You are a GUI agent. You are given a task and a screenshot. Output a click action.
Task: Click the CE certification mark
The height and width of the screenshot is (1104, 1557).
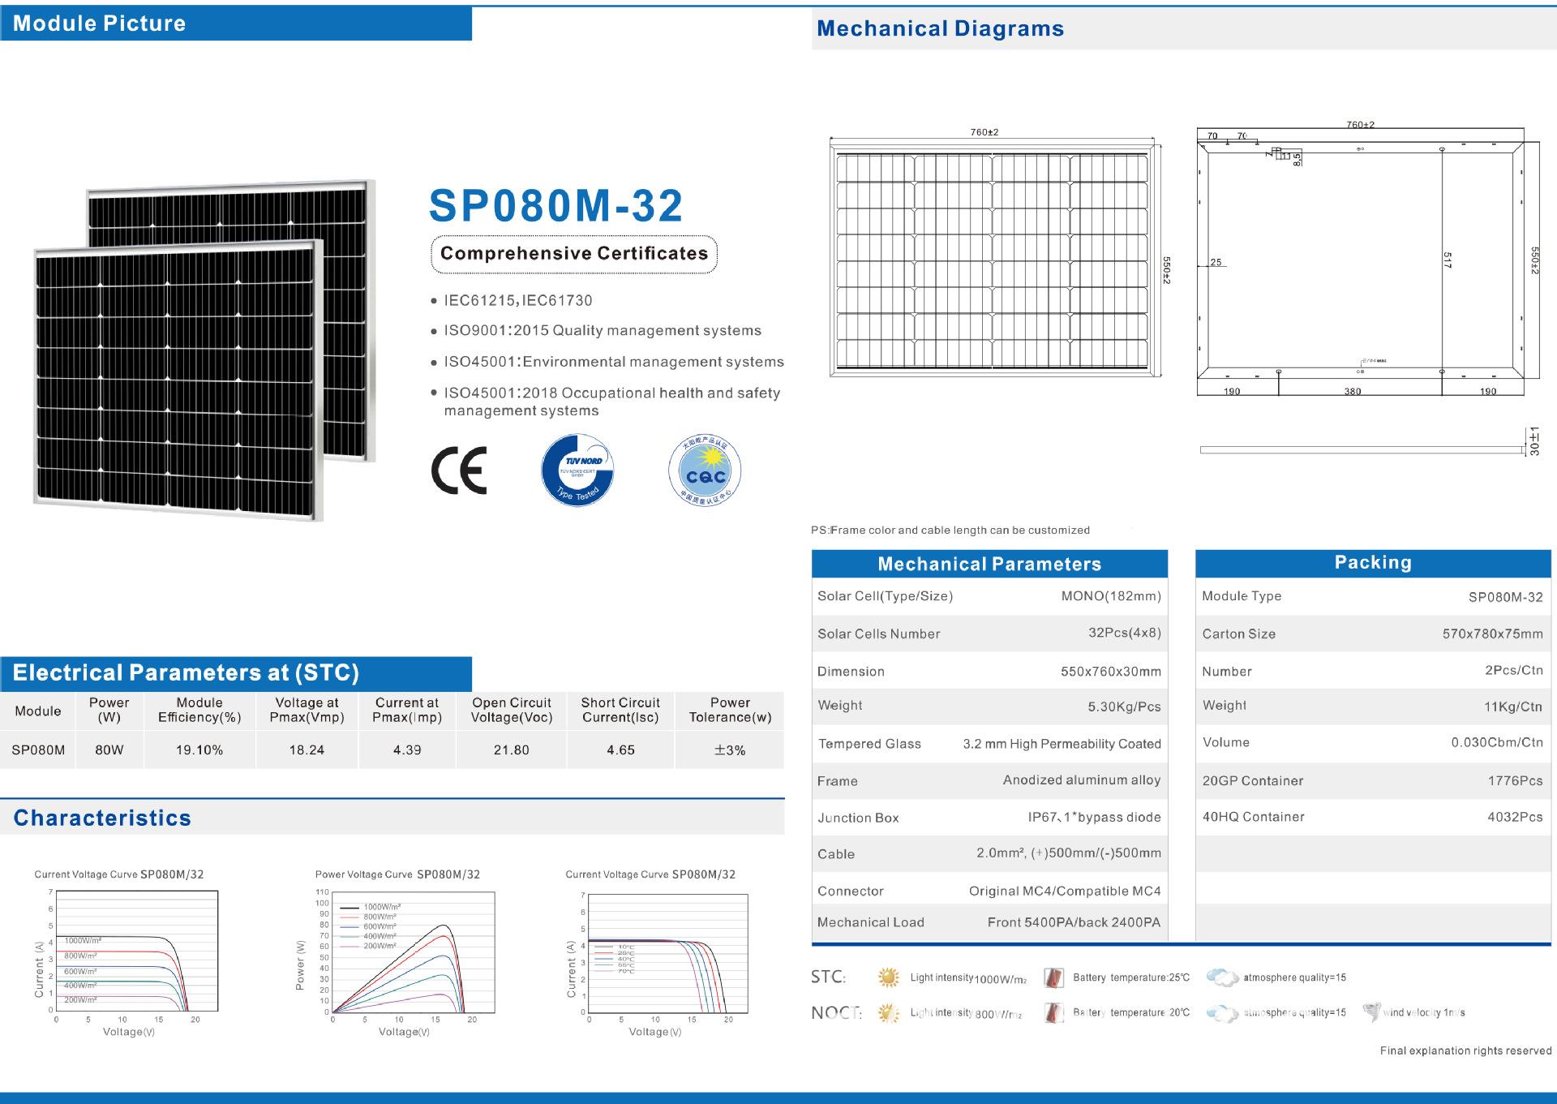tap(459, 470)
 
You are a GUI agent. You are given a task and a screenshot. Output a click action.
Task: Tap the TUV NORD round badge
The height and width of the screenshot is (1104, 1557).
tap(577, 470)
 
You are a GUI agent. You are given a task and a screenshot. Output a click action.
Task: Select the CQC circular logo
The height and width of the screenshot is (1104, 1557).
tap(705, 470)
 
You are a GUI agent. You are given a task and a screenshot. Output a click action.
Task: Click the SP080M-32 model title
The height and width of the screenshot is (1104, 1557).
tap(555, 206)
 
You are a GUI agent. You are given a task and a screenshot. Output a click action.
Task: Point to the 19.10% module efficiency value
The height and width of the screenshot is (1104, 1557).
tap(199, 750)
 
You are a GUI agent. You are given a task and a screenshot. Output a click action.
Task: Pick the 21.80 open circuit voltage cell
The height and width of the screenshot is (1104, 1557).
tap(511, 750)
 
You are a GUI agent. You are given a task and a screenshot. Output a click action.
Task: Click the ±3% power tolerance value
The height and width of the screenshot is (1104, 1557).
tap(729, 750)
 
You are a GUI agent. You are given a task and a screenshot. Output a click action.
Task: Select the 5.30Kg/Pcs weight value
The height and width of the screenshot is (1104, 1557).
tap(1124, 707)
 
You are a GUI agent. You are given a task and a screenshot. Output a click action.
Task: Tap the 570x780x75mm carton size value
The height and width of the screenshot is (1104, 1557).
tap(1492, 634)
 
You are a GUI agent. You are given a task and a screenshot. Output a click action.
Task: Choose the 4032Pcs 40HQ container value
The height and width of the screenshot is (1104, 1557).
tap(1515, 818)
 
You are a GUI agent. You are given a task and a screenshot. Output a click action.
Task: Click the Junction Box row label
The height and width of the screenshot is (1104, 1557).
tap(858, 818)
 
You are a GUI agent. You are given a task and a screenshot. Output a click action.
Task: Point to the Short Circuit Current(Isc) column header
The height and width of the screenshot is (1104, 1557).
tap(620, 710)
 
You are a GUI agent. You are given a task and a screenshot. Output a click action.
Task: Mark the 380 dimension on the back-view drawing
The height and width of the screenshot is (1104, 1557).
tap(1353, 392)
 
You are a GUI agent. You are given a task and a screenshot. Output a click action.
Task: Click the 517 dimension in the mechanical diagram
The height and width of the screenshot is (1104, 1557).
tap(1448, 260)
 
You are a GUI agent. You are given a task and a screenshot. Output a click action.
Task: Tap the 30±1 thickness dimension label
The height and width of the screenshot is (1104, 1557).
tap(1533, 442)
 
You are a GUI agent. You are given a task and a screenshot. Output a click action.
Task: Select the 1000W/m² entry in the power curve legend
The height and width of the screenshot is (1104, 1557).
tap(382, 907)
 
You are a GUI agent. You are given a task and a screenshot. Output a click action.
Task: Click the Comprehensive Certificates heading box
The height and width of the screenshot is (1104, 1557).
tap(574, 254)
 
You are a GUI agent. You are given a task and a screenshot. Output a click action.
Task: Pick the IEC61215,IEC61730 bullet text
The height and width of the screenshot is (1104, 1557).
tap(517, 301)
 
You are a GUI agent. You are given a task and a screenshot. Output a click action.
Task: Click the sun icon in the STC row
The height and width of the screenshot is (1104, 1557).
tap(889, 977)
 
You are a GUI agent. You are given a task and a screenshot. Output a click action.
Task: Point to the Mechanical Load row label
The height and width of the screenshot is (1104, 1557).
tap(870, 922)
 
